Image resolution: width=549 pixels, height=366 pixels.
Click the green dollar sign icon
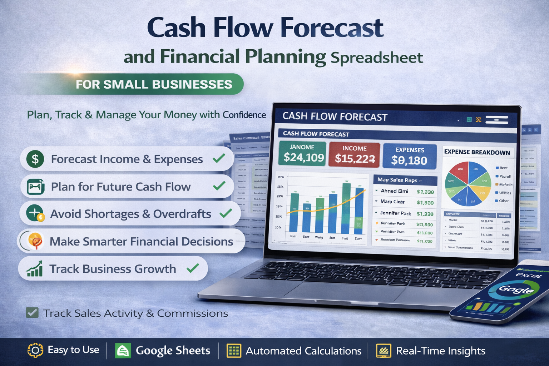tap(35, 159)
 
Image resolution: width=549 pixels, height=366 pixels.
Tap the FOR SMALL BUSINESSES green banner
tap(154, 84)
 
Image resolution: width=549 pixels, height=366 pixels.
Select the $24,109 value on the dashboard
tap(303, 157)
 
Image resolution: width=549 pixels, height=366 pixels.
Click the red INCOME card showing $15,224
tap(354, 155)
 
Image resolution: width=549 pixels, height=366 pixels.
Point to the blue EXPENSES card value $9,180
tap(409, 160)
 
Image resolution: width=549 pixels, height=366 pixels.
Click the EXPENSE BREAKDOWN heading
tap(477, 152)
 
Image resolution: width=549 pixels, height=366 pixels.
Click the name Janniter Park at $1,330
tap(395, 213)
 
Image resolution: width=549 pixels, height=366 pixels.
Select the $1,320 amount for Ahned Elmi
tap(425, 192)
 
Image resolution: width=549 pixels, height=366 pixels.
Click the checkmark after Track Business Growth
tap(193, 268)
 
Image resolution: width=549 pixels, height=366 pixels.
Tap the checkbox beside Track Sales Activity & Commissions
tap(32, 313)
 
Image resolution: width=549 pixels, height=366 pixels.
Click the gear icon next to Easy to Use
tap(35, 350)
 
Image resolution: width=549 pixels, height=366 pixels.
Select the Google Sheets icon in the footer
tap(123, 351)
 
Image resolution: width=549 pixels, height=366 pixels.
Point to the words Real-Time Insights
tap(440, 351)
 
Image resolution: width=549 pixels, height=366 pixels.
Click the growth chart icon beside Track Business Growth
tap(35, 269)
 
